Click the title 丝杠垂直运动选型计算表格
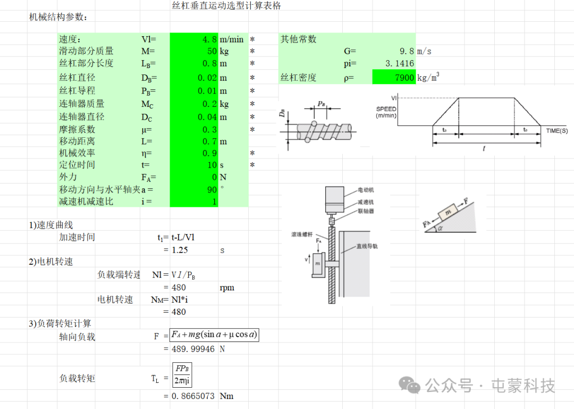[x=226, y=5]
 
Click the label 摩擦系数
[x=77, y=129]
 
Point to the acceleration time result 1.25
[x=180, y=250]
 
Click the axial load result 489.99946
[x=193, y=349]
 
